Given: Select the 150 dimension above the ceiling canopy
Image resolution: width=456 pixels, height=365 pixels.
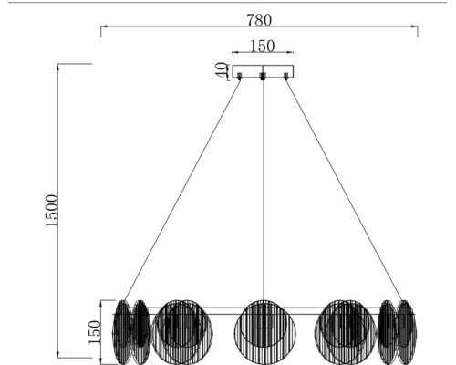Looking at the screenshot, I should [263, 45].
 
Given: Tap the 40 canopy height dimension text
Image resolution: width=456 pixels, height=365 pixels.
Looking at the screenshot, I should [221, 70].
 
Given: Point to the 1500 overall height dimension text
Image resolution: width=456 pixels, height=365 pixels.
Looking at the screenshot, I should [51, 212].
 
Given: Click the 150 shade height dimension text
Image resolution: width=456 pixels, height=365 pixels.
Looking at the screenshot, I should [95, 330].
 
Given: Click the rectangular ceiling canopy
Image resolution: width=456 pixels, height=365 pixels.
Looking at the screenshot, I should [263, 70].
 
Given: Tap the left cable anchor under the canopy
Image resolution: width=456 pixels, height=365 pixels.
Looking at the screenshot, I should [240, 78].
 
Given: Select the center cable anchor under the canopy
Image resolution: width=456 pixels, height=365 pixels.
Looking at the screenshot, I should [263, 78].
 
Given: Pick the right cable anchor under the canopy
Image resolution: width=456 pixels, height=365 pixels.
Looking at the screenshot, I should [285, 78].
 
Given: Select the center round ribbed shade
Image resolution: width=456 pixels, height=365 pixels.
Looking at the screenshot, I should [263, 330].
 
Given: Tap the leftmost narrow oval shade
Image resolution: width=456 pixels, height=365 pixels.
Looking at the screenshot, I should [121, 331].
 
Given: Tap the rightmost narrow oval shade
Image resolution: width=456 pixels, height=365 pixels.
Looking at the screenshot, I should [405, 331].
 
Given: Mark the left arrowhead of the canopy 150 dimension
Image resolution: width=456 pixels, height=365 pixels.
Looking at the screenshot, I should [235, 53].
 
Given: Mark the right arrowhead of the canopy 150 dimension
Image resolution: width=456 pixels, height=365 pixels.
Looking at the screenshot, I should [291, 53].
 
